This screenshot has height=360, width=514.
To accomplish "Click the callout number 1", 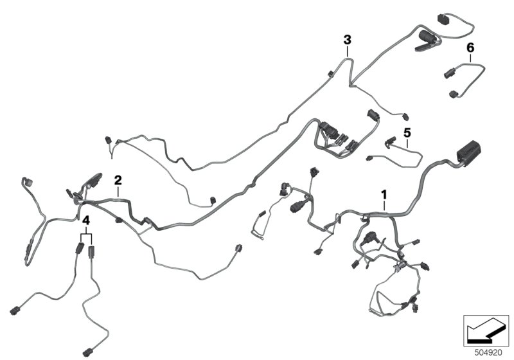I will click(x=384, y=194).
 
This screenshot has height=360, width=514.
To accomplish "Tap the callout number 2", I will click(x=118, y=178).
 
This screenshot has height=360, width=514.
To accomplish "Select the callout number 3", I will click(x=347, y=39).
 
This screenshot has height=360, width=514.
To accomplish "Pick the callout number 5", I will click(x=406, y=132).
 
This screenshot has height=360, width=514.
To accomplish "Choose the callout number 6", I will click(x=470, y=48).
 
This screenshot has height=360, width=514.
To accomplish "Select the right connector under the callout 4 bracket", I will click(x=91, y=251).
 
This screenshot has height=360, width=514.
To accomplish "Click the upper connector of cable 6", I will click(x=448, y=73).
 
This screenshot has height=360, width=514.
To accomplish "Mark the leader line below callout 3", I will click(x=347, y=51).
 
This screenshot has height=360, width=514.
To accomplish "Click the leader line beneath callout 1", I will click(x=384, y=204).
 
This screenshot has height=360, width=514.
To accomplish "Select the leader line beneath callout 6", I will click(x=470, y=58).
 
